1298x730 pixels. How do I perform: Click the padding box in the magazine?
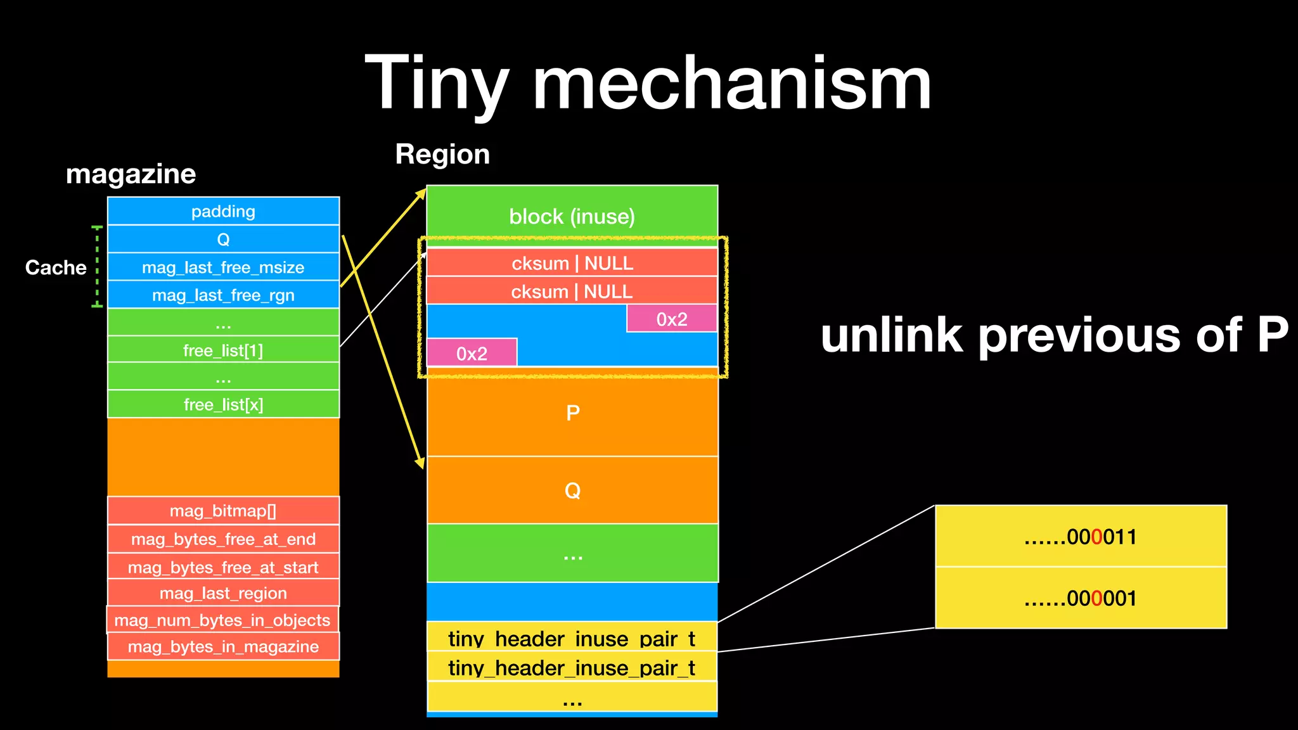click(x=223, y=211)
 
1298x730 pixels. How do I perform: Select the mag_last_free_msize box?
click(x=223, y=267)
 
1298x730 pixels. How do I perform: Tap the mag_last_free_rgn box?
click(x=223, y=295)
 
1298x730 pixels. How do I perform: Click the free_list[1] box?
click(x=223, y=350)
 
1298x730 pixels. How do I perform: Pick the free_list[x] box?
click(x=223, y=404)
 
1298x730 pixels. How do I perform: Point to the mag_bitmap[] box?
click(x=223, y=511)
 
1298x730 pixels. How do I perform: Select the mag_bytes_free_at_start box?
click(x=223, y=567)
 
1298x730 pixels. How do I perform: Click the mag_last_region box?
click(x=223, y=593)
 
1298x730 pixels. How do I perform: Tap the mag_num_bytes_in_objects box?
click(x=222, y=620)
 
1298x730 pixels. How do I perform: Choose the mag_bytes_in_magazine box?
click(x=223, y=646)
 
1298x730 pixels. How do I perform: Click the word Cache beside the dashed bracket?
click(x=56, y=267)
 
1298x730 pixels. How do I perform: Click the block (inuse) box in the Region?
click(x=572, y=216)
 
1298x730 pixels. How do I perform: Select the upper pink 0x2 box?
click(x=672, y=319)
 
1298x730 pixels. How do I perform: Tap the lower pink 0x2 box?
click(x=472, y=353)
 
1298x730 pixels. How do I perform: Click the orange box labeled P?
click(x=572, y=413)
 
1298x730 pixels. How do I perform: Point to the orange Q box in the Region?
click(x=572, y=490)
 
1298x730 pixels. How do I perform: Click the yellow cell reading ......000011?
click(x=1081, y=537)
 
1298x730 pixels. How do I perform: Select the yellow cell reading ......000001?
click(x=1081, y=598)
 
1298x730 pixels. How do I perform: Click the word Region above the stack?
click(x=442, y=154)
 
